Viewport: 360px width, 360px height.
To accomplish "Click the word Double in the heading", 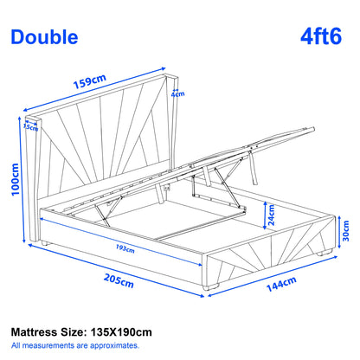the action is click(44, 37).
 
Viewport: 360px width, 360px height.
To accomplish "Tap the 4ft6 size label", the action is click(321, 36).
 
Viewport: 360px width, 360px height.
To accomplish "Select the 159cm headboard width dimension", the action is click(90, 81).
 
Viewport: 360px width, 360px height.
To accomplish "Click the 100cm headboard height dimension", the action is click(15, 179).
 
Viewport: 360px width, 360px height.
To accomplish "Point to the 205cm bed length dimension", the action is click(119, 281).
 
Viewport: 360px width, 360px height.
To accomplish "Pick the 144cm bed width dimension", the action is click(281, 284).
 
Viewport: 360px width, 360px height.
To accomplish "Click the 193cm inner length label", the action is click(125, 248).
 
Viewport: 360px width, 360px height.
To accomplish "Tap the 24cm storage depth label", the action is click(272, 215).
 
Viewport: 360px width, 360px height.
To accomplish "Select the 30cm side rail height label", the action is click(346, 231).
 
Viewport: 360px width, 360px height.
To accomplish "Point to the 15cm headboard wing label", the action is click(30, 127).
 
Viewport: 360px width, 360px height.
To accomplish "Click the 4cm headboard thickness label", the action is click(178, 94).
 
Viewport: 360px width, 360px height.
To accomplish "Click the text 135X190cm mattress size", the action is click(121, 332).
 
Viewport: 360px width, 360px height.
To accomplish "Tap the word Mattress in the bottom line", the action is click(34, 332).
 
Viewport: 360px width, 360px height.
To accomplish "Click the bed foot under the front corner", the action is click(209, 287).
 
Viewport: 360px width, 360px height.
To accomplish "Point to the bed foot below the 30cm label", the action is click(324, 253).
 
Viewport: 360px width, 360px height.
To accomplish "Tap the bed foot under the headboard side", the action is click(45, 243).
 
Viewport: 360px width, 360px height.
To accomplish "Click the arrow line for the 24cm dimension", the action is click(264, 215).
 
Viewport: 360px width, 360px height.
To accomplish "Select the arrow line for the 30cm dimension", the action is click(339, 232).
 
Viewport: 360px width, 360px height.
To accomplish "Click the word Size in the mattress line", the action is click(73, 332).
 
